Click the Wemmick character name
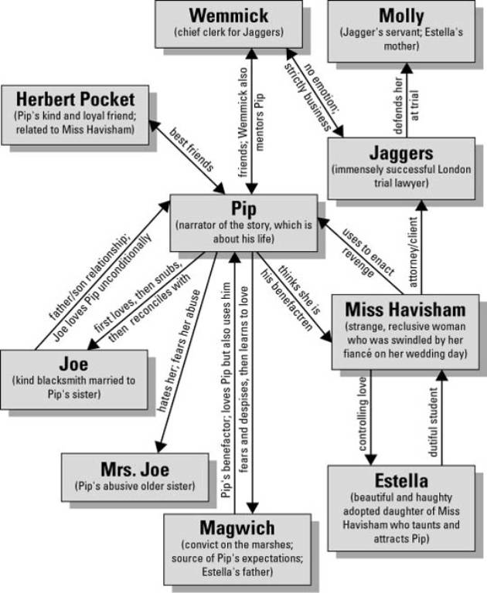(x=230, y=15)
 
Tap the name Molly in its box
(x=401, y=15)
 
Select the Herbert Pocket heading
(x=74, y=100)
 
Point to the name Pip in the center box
(x=243, y=210)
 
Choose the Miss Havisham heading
(x=405, y=310)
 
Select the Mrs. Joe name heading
(x=135, y=469)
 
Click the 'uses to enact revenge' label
(x=366, y=254)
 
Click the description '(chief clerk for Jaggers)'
(x=230, y=32)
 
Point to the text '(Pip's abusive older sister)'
(x=135, y=486)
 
